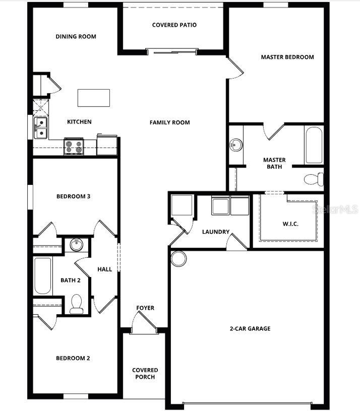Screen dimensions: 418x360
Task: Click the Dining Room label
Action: (x=76, y=36)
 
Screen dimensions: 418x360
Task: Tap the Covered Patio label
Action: (x=174, y=25)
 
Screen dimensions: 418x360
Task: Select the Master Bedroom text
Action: (x=287, y=57)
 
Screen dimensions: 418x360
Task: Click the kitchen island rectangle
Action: (x=93, y=98)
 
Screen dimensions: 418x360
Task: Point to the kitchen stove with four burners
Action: (x=74, y=146)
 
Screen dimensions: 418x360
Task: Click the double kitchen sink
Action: (x=40, y=128)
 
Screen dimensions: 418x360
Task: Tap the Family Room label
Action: (x=169, y=122)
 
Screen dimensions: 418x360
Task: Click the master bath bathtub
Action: (x=314, y=145)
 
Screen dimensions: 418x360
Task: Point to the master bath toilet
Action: (x=315, y=179)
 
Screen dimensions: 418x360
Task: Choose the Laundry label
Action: (x=216, y=232)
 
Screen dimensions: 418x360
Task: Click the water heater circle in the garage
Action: (x=178, y=259)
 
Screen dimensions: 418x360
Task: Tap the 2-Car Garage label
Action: (x=250, y=328)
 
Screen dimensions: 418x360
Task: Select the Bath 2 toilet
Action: (x=77, y=304)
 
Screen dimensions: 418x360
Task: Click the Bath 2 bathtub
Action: (x=43, y=276)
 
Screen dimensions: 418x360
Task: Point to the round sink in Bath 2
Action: (x=77, y=245)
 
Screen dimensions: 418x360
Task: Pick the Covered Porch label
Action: (x=145, y=373)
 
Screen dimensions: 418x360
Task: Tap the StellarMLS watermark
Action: (x=336, y=208)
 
